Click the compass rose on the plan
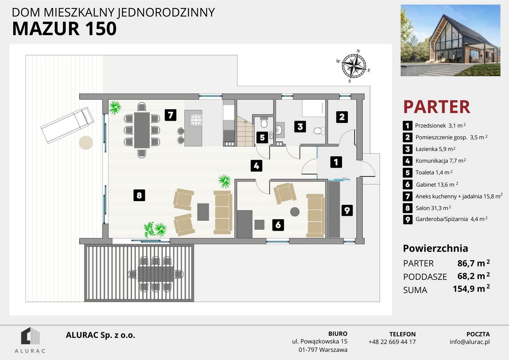click(354, 66)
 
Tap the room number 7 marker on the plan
click(170, 115)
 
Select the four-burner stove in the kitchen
click(196, 120)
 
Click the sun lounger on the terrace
click(67, 125)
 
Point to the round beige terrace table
click(86, 143)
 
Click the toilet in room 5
click(264, 123)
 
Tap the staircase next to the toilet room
click(245, 131)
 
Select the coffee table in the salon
click(203, 212)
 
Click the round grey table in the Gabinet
click(295, 212)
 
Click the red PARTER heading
click(436, 107)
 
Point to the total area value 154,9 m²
click(471, 289)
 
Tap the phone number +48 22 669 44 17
click(392, 342)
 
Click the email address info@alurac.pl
click(470, 342)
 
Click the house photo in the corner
click(450, 40)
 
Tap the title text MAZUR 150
click(64, 29)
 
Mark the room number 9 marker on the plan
click(347, 210)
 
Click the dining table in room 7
click(142, 130)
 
